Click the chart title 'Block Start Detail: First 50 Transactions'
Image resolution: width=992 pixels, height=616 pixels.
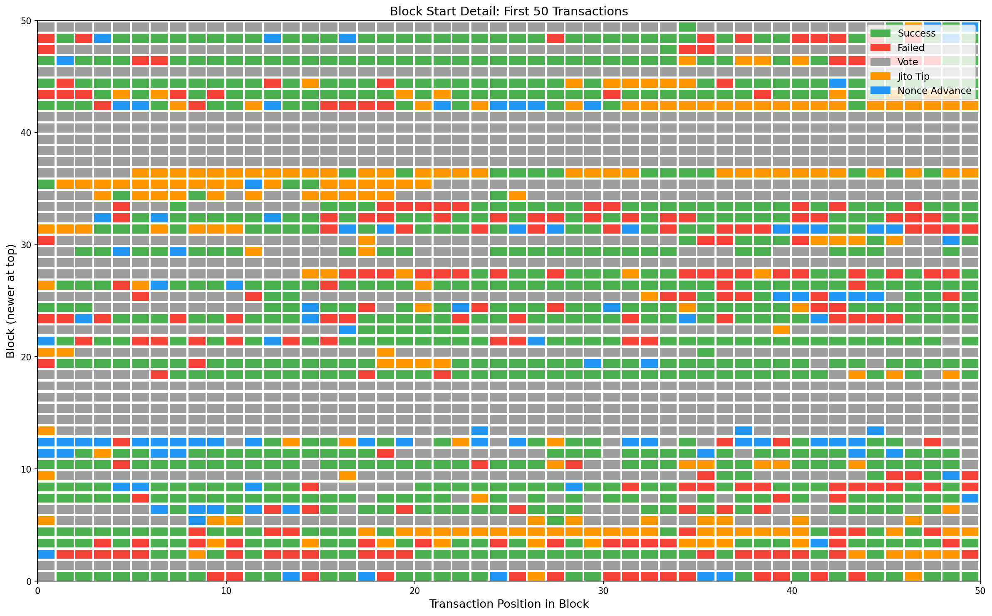[x=508, y=12]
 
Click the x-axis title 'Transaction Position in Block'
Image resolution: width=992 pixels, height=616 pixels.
[x=508, y=604]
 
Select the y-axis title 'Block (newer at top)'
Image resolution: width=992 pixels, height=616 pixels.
[x=11, y=301]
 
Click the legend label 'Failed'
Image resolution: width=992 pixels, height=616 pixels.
[x=911, y=48]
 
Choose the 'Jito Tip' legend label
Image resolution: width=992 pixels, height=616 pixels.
[x=913, y=76]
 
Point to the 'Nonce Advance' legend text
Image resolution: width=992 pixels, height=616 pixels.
[x=935, y=91]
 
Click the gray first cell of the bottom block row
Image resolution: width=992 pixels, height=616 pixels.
[x=46, y=576]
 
